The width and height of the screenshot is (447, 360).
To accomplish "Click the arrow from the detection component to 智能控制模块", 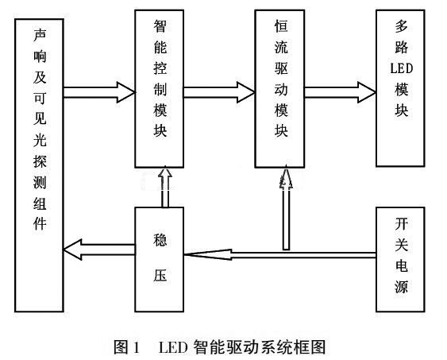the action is (99, 92).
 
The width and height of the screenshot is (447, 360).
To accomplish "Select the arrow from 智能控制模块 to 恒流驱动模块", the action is (219, 92).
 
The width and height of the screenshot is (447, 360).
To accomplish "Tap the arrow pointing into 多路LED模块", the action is (340, 92).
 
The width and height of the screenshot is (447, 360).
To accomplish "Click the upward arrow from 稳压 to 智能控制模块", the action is (165, 187).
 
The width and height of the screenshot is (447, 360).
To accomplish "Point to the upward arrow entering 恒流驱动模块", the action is (286, 208).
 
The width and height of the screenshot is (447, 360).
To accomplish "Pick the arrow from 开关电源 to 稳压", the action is (280, 255).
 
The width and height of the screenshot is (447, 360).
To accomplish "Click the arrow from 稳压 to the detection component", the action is (99, 250).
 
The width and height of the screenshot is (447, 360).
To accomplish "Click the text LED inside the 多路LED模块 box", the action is (402, 69).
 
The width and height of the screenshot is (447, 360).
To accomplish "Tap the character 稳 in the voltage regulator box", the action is (160, 240).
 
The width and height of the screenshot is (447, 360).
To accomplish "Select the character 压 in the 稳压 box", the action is (160, 275).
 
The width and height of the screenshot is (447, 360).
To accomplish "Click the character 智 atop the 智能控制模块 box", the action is (160, 26).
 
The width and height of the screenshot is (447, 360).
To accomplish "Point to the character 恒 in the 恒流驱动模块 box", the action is (281, 26).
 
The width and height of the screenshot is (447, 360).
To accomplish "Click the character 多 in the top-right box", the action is (402, 27).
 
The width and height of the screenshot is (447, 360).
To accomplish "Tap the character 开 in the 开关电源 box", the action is (402, 224).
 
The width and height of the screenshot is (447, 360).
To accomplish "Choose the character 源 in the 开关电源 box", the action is (402, 286).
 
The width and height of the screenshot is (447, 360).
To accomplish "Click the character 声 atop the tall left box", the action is (40, 35).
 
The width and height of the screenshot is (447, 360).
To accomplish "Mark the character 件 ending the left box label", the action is (40, 223).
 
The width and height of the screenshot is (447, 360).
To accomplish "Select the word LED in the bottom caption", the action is (173, 347).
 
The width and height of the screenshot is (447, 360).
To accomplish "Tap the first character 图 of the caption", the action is (121, 347).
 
